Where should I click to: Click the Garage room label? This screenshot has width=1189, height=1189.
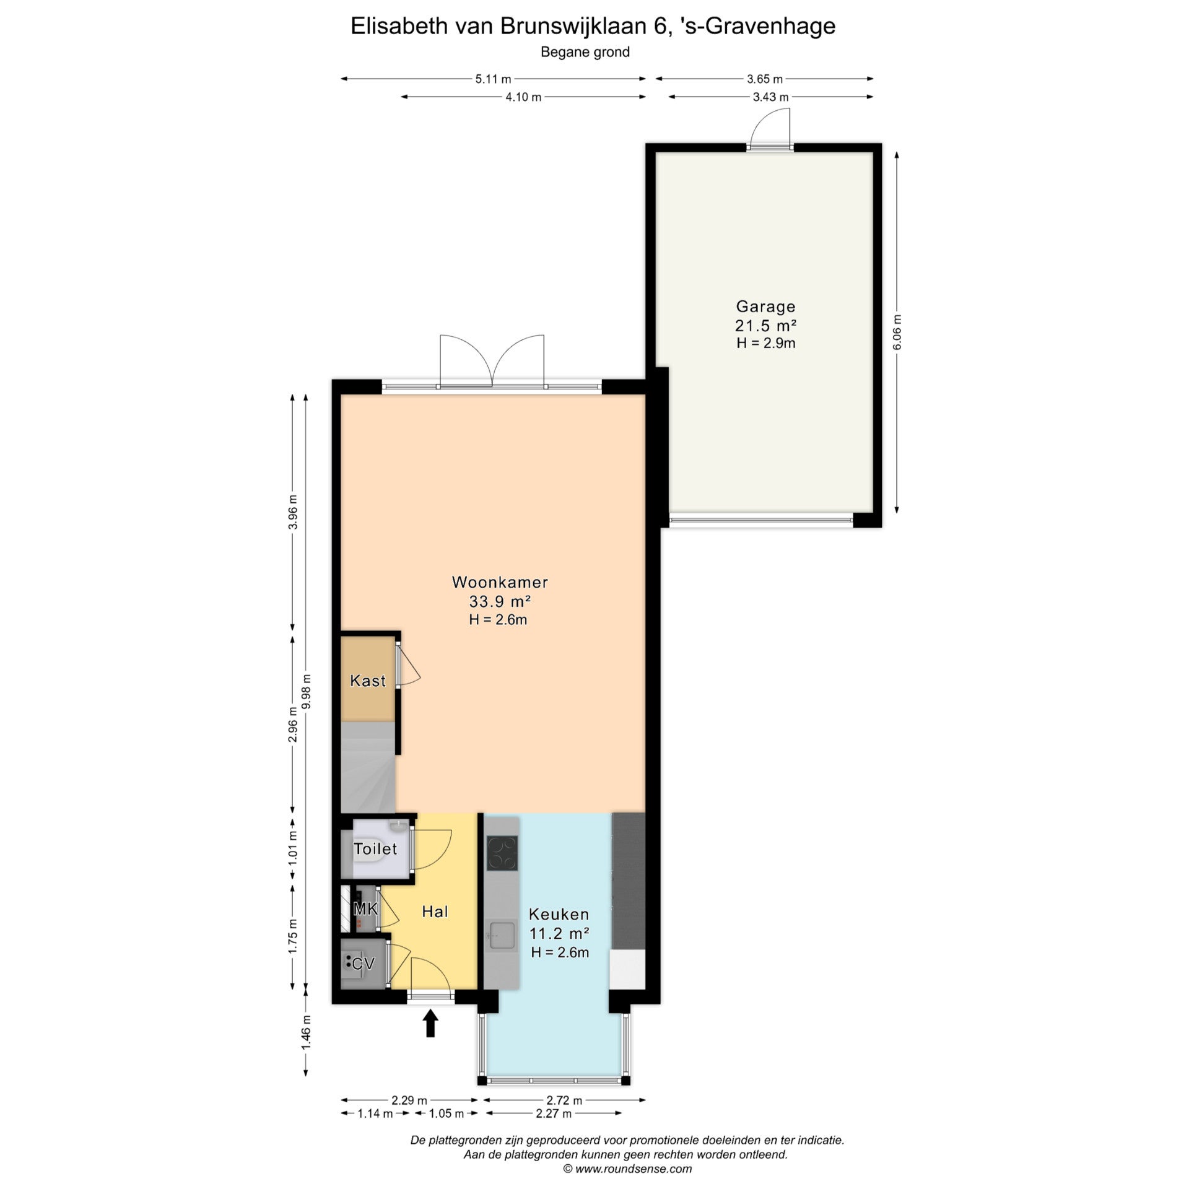click(765, 306)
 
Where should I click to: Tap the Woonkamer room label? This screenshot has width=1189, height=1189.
click(500, 581)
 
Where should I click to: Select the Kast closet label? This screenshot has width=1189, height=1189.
click(368, 681)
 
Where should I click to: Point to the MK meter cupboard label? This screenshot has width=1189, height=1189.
click(365, 908)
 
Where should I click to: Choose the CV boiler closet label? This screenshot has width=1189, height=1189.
click(363, 964)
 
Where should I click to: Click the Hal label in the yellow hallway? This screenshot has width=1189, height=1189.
click(435, 911)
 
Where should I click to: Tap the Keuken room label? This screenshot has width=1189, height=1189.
click(559, 914)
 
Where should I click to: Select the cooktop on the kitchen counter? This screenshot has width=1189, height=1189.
click(502, 853)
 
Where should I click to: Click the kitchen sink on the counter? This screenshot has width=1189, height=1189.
click(501, 936)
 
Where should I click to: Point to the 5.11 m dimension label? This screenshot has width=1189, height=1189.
click(493, 79)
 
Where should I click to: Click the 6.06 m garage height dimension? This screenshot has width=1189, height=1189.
click(897, 332)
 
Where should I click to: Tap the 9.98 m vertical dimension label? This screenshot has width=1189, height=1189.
click(305, 692)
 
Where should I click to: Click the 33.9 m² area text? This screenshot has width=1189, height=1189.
click(500, 601)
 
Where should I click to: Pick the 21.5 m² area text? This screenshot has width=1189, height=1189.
click(765, 325)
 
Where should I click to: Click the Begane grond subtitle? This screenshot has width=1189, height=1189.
click(585, 52)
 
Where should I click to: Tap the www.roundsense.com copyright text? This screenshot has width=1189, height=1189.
click(627, 1169)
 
